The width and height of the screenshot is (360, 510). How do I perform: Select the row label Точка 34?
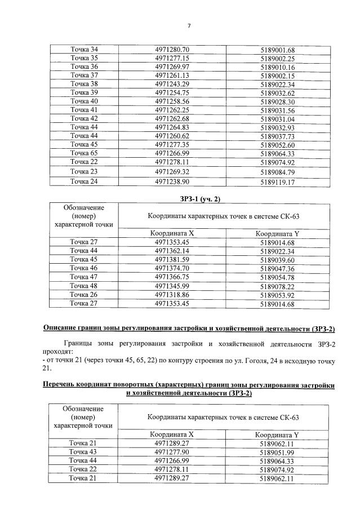click(84, 49)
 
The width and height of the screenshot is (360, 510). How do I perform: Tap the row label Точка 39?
click(84, 92)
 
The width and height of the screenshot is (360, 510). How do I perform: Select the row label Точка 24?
click(84, 181)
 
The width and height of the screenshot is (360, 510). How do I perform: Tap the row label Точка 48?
click(84, 286)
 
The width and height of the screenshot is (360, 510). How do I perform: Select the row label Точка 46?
click(84, 268)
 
